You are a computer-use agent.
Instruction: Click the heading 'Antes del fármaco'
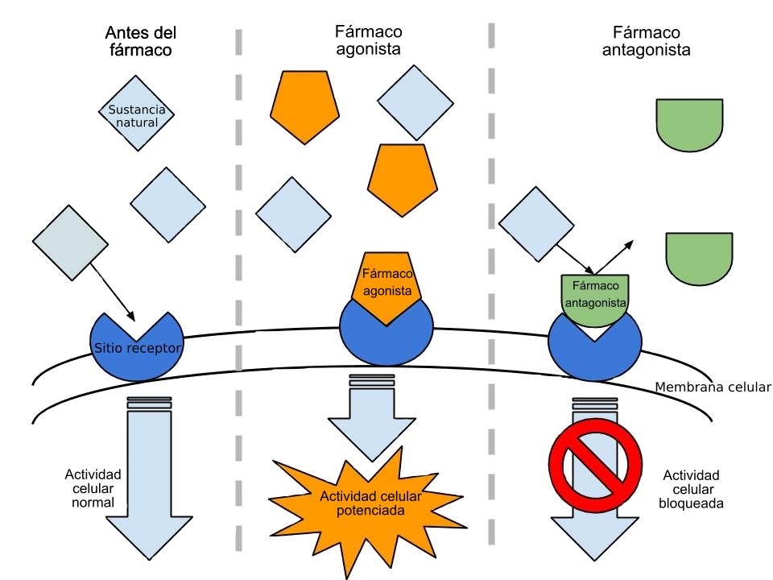141,40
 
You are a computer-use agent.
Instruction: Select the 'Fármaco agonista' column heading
368,40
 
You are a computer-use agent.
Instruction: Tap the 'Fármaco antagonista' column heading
647,40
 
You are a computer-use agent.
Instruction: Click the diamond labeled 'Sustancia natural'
137,114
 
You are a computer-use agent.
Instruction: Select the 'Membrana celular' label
713,387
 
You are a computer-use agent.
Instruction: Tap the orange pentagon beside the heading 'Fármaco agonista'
304,105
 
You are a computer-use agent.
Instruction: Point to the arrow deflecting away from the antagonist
616,255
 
